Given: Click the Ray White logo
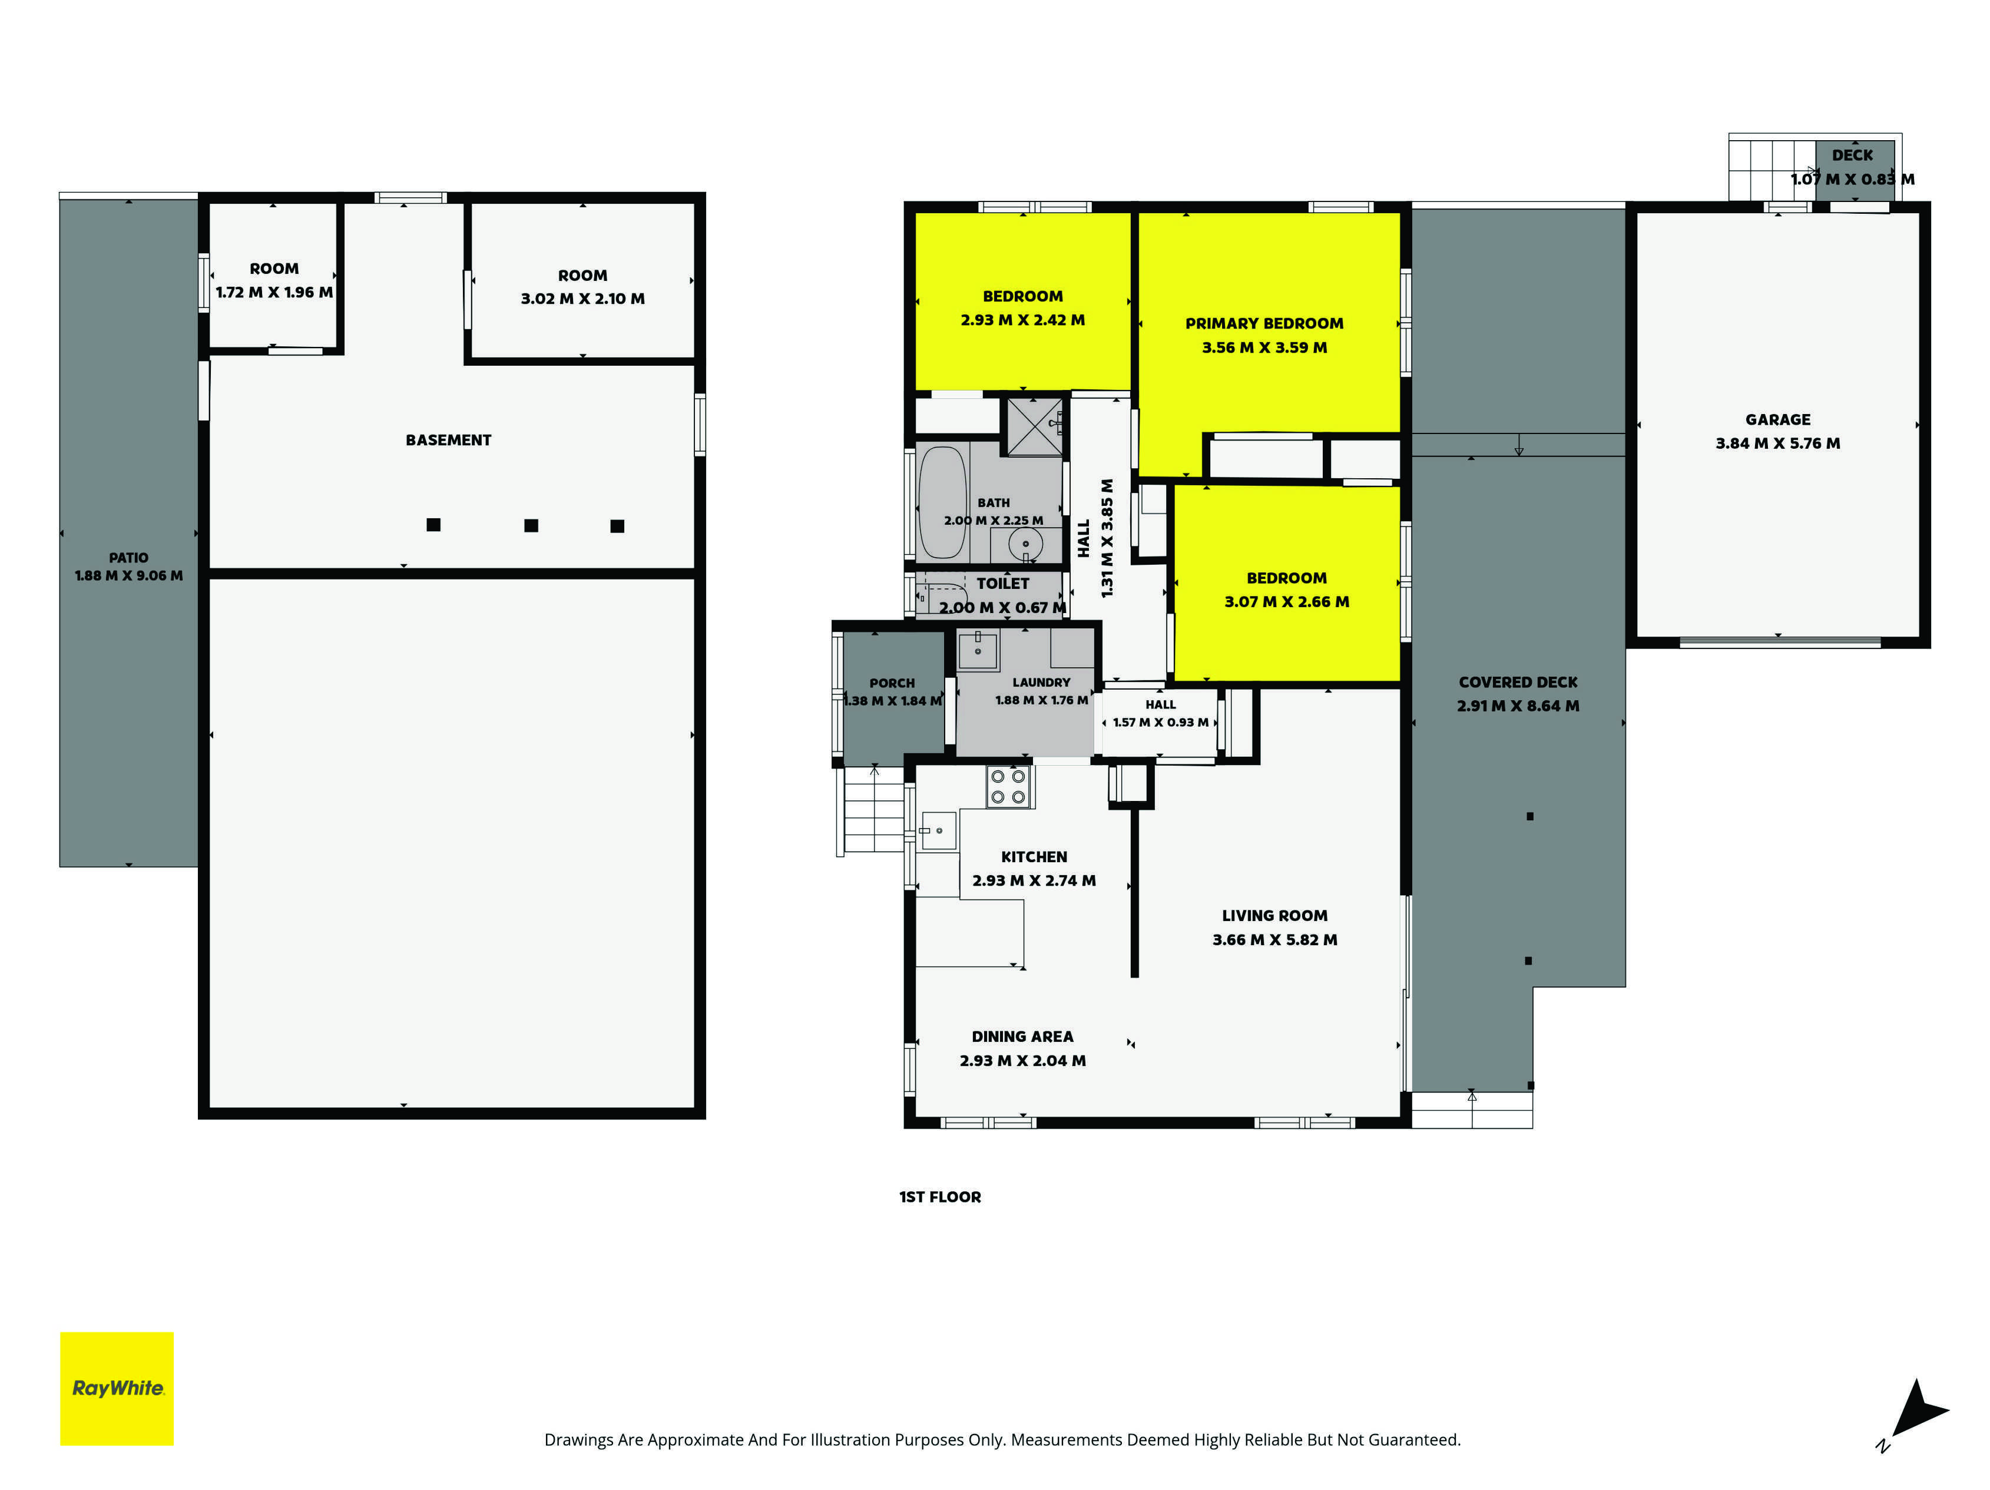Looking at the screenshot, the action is (117, 1388).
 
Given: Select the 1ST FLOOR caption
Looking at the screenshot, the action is (940, 1197).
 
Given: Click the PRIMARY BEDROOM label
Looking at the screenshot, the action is (1264, 323).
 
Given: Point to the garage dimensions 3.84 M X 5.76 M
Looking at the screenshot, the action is (1777, 443).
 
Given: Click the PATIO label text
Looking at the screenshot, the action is (128, 558).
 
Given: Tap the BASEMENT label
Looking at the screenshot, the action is (448, 440).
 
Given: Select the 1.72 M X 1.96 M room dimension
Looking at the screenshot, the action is (274, 293).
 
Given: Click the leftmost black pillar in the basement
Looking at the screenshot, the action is (433, 525).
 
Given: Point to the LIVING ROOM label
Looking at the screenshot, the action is (1275, 915).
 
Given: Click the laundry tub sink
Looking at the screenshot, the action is (978, 650).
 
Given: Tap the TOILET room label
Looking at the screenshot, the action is (1003, 583).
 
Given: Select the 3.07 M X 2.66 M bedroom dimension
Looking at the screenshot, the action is (1286, 601).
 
